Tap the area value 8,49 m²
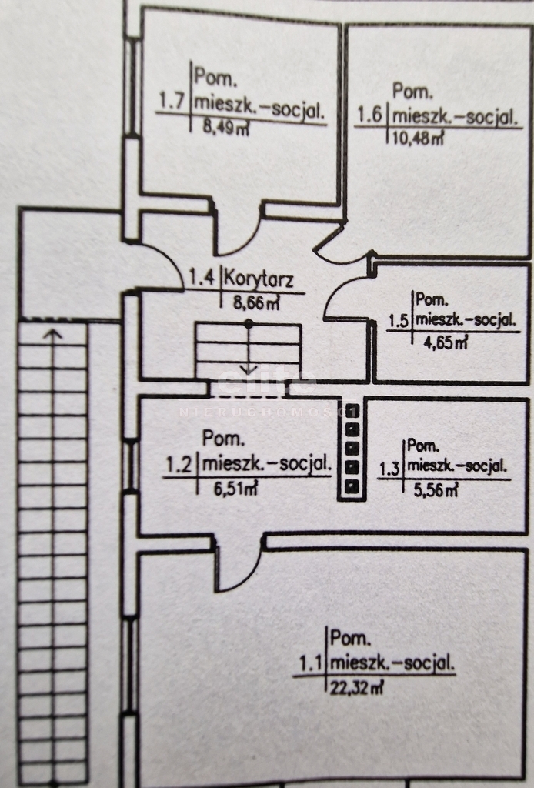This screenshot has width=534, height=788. pyautogui.click(x=226, y=127)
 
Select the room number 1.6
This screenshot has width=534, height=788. pyautogui.click(x=371, y=116)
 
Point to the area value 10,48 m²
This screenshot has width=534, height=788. pyautogui.click(x=417, y=137)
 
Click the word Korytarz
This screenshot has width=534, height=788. pyautogui.click(x=259, y=279)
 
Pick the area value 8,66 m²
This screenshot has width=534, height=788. pyautogui.click(x=256, y=302)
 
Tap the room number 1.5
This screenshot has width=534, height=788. pyautogui.click(x=399, y=320)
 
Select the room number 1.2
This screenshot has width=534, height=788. pyautogui.click(x=179, y=465)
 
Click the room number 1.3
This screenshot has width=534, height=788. pyautogui.click(x=390, y=469)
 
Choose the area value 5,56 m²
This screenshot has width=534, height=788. pyautogui.click(x=436, y=489)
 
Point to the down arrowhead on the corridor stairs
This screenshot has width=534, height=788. pyautogui.click(x=249, y=369)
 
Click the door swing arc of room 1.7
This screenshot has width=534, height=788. pyautogui.click(x=242, y=239)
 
